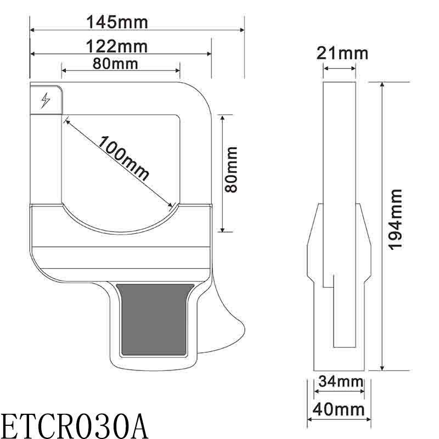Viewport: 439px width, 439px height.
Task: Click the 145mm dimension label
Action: [x=117, y=22]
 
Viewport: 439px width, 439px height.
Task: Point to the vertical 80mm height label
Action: [x=232, y=169]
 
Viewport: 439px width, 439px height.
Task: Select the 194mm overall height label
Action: [x=396, y=219]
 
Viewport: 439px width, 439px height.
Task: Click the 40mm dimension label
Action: [x=339, y=409]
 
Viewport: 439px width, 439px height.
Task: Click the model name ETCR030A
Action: [x=74, y=424]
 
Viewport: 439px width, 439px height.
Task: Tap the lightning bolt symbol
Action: [x=46, y=100]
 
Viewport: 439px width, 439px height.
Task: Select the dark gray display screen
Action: [x=156, y=319]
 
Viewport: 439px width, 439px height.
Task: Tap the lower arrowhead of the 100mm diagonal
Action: [x=171, y=207]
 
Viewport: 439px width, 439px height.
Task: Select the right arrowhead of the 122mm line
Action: [x=209, y=54]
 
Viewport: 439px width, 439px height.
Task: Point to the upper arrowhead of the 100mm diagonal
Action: [x=66, y=119]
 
